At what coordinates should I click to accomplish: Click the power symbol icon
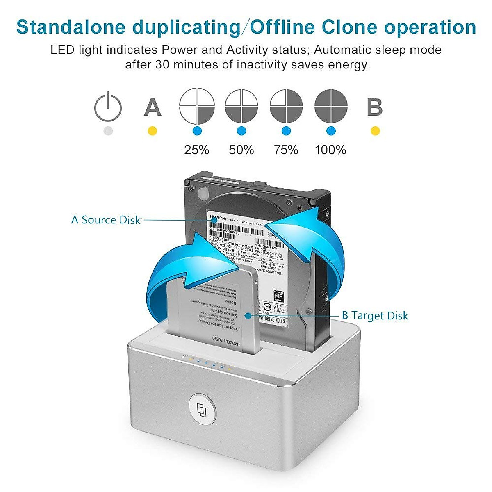point(108,107)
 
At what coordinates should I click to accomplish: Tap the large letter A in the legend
point(153,107)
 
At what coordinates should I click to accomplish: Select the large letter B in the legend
point(375,107)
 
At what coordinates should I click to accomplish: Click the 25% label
point(197,150)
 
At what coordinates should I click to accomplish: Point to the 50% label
point(241,150)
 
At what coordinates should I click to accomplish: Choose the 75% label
point(286,150)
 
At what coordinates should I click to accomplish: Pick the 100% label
point(330,150)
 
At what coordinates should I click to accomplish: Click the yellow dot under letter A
point(153,131)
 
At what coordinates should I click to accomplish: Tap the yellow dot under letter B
point(375,131)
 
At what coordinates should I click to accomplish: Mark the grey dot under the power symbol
point(108,131)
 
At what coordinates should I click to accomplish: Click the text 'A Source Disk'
point(106,220)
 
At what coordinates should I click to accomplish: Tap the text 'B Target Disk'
point(375,316)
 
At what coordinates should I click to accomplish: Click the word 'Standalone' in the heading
point(71,27)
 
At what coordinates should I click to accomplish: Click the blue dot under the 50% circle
point(241,131)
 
